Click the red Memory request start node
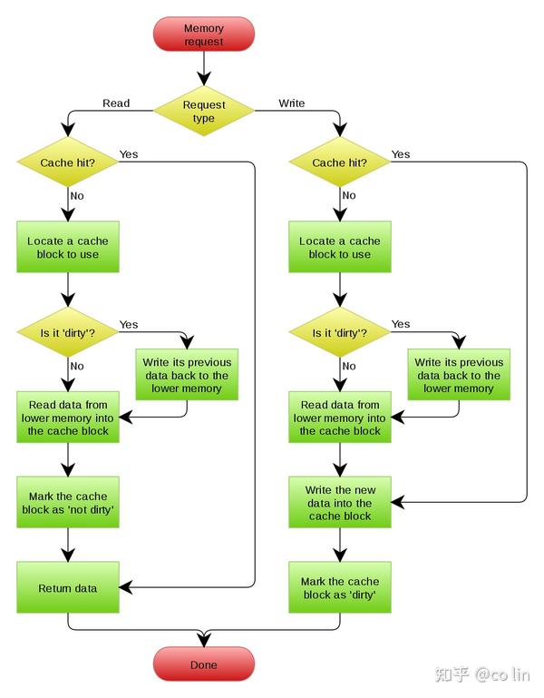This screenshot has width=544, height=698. [x=204, y=34]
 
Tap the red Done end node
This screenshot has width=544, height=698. [x=204, y=664]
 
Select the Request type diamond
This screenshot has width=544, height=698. [x=204, y=112]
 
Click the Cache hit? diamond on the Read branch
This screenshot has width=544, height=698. [x=68, y=162]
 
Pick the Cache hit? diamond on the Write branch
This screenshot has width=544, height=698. [x=340, y=162]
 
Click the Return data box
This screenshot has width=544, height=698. [x=68, y=587]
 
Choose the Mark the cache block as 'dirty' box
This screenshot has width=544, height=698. [x=340, y=587]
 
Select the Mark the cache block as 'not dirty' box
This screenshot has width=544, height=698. [x=68, y=503]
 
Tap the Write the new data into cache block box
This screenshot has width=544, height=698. [x=340, y=503]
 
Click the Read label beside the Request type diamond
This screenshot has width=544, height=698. [x=116, y=103]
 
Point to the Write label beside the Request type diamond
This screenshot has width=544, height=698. [x=292, y=103]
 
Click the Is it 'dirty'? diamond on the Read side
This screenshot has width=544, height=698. [x=68, y=332]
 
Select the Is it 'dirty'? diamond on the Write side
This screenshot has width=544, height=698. [x=340, y=332]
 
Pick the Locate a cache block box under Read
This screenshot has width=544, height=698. [x=68, y=247]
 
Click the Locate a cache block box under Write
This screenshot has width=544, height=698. [x=340, y=247]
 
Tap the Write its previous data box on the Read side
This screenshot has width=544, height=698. [x=187, y=375]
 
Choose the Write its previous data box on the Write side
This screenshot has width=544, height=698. [x=459, y=375]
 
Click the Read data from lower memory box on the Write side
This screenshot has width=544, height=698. [x=340, y=418]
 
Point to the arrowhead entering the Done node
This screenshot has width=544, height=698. [x=204, y=639]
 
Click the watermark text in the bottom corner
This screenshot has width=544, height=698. [x=482, y=674]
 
